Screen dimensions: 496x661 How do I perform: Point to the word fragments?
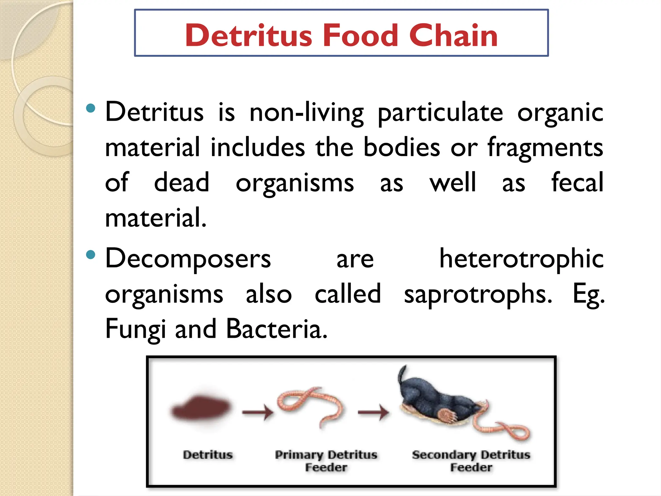pos(545,148)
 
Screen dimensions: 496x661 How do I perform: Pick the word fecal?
pos(577,182)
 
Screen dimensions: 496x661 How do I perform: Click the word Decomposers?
pos(188,259)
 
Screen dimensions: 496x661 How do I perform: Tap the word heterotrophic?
pos(521,259)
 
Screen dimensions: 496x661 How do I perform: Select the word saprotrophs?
pos(478,294)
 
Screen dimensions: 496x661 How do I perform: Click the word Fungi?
pos(136,329)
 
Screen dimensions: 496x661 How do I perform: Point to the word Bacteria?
pos(277,329)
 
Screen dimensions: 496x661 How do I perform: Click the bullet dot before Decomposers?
pos(91,255)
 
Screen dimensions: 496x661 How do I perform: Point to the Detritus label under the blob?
pos(208,455)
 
